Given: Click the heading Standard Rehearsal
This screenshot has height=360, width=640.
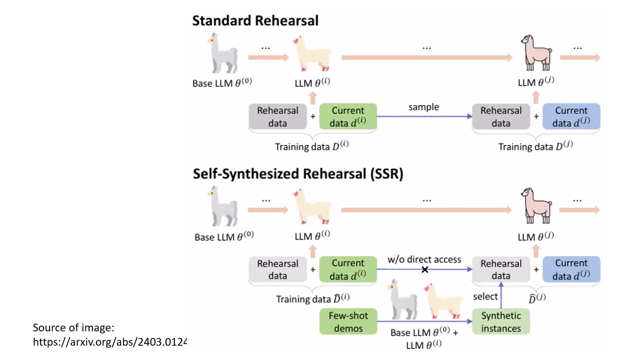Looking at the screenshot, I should point(255,21).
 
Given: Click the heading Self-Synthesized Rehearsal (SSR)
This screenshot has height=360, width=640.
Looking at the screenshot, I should point(298,174).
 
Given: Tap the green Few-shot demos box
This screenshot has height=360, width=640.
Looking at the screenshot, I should point(347,322).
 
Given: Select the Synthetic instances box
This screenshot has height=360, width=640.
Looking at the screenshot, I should point(500,322).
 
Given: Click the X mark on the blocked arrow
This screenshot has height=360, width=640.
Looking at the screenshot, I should point(425,269).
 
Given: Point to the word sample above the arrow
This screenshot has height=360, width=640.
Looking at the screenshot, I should point(423,107).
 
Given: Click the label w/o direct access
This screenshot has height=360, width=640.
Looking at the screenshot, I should point(424,259).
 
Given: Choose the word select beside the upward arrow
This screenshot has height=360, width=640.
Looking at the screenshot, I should point(485,296).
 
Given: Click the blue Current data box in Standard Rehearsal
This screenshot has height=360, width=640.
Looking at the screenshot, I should point(571,117).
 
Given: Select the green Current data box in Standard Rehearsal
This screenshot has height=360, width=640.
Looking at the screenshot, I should point(347,117).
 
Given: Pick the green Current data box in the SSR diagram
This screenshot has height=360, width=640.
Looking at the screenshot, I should point(347,269).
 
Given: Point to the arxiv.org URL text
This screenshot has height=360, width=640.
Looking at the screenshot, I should point(109,342).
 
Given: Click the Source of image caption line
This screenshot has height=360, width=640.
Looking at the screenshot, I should point(73,328).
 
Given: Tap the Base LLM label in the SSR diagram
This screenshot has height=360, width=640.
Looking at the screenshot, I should point(224,236).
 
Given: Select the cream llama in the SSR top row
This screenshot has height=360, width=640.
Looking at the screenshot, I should point(312,205).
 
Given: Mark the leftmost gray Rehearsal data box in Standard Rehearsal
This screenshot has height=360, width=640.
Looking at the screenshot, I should point(277,117).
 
